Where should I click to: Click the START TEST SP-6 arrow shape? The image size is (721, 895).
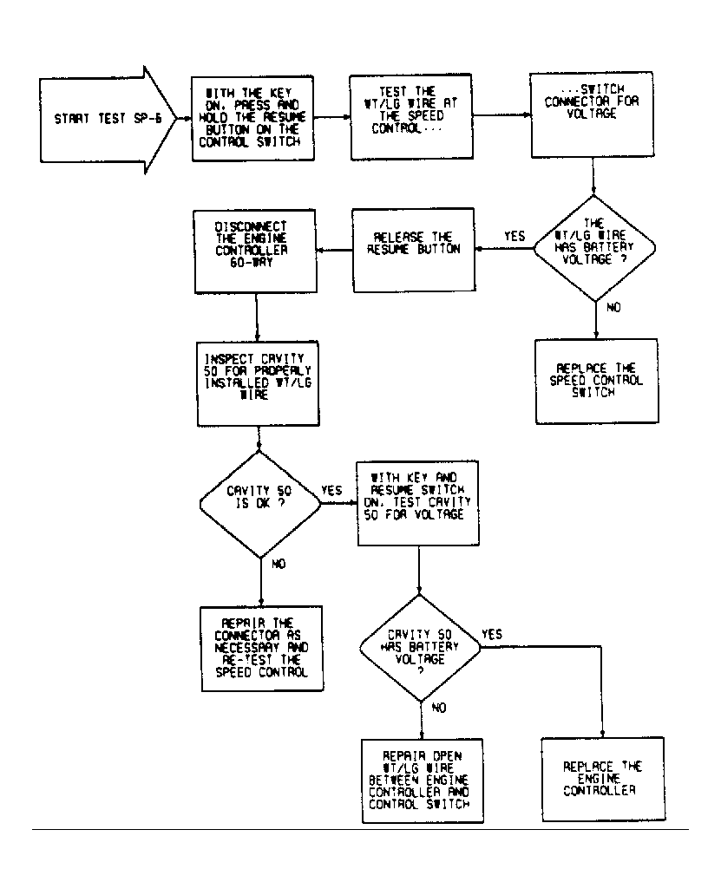(x=108, y=120)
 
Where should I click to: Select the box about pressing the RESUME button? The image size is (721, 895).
(x=252, y=118)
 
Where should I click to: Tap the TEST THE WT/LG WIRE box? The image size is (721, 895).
(x=411, y=116)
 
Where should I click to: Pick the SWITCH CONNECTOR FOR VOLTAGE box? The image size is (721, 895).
(x=592, y=114)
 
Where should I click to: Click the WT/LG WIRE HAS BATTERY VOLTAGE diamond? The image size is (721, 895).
(x=594, y=248)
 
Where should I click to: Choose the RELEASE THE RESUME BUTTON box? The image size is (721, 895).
(x=413, y=250)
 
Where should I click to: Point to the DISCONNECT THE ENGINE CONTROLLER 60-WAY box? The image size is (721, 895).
(x=254, y=252)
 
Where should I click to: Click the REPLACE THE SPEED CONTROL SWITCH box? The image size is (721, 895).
(x=597, y=382)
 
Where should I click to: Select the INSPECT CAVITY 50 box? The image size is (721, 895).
(x=258, y=383)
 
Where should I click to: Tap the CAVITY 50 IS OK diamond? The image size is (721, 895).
(x=260, y=504)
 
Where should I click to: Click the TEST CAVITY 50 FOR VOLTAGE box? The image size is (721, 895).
(x=417, y=503)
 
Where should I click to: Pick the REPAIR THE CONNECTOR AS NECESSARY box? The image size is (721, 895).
(x=262, y=649)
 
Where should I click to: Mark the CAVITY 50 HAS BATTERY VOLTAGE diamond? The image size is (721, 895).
(x=420, y=648)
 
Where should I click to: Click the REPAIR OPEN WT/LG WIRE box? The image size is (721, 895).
(x=423, y=781)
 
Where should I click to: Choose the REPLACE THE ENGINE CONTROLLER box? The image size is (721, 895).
(x=603, y=779)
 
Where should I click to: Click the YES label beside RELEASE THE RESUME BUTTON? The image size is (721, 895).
(x=515, y=236)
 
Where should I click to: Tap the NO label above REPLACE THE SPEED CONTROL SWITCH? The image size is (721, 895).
(x=613, y=308)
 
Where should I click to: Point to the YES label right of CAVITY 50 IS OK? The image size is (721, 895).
(x=331, y=490)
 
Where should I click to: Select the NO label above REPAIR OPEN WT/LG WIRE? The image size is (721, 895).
(x=438, y=708)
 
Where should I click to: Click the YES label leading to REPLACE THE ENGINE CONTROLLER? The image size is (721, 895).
(x=492, y=634)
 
